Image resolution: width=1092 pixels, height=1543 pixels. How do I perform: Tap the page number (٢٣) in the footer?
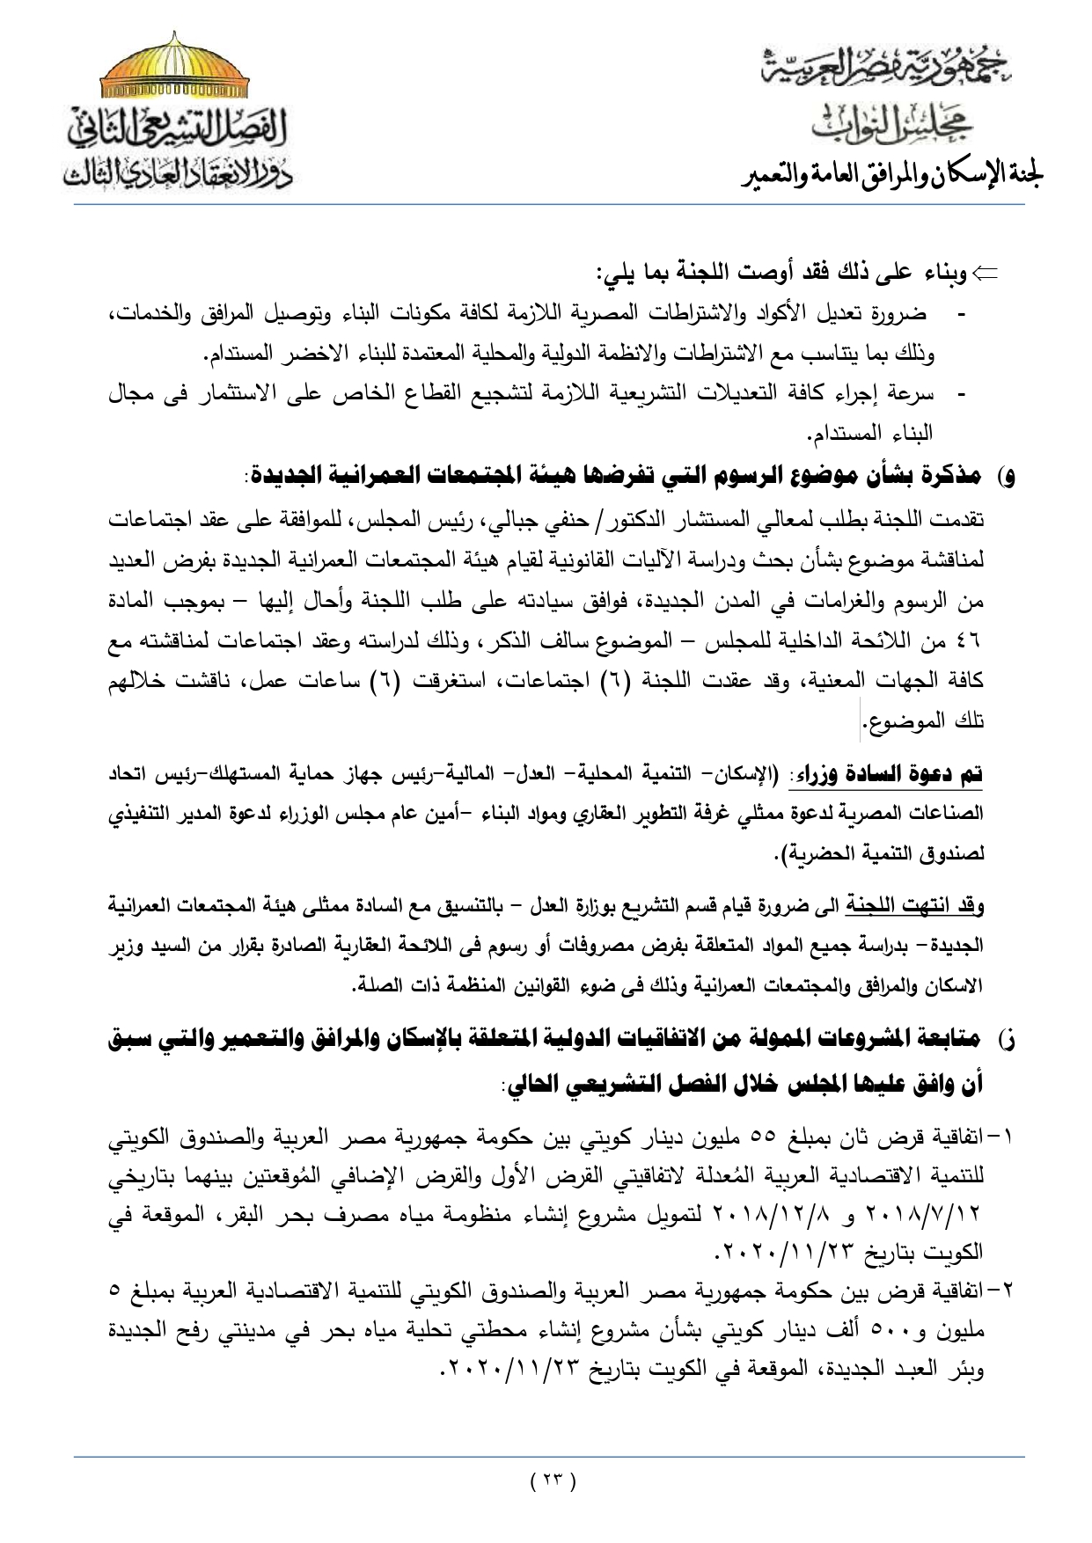[553, 1480]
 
